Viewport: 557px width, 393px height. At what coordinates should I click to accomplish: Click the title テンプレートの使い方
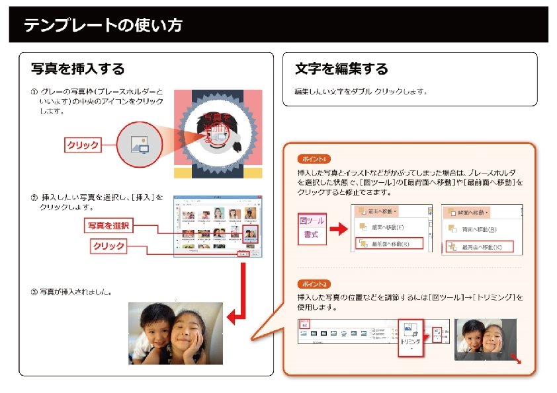103,26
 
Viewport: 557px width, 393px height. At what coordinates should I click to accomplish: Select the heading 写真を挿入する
77,69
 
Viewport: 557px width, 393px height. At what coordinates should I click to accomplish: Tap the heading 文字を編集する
341,69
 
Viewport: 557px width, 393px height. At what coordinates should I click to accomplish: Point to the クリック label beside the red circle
83,145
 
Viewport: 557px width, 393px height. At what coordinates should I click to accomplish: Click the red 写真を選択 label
110,226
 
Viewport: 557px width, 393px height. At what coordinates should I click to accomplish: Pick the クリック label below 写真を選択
108,246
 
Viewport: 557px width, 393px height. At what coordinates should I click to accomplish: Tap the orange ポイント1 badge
313,159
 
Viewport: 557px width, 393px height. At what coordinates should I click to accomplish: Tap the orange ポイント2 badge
313,283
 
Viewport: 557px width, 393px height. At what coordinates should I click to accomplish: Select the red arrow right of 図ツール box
338,229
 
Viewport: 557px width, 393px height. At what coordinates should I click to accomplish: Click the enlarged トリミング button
410,338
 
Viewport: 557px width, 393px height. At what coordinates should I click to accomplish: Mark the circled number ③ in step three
34,291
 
